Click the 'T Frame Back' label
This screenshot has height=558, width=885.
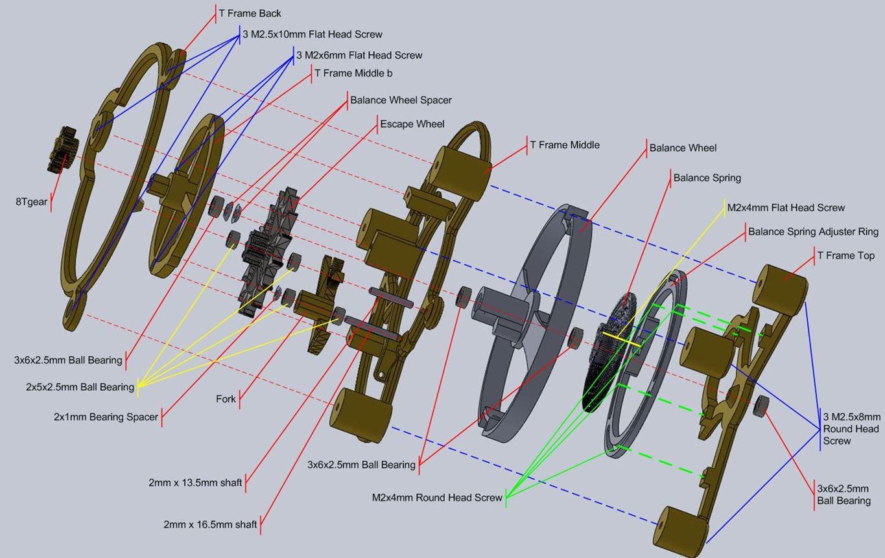click(250, 13)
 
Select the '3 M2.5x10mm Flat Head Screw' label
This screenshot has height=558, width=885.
click(312, 34)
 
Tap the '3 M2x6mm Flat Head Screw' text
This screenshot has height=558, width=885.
click(359, 55)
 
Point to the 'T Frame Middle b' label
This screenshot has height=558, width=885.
click(353, 73)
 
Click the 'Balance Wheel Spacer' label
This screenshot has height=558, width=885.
click(401, 100)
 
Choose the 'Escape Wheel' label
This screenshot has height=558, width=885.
click(412, 124)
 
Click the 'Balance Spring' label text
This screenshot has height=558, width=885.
click(707, 178)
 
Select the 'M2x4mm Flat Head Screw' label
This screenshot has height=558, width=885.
click(786, 207)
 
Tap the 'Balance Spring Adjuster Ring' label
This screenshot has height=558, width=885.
click(813, 231)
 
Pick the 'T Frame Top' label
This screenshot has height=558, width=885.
click(845, 255)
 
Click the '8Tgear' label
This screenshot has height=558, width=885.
click(31, 202)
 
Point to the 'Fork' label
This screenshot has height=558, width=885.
click(226, 399)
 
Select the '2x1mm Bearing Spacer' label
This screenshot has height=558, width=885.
click(106, 417)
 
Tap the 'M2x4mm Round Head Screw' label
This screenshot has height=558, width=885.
click(437, 498)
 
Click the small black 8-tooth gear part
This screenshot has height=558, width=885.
click(62, 149)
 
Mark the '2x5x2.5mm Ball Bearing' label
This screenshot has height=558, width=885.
click(80, 387)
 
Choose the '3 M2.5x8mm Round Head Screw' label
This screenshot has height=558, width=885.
click(851, 428)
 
